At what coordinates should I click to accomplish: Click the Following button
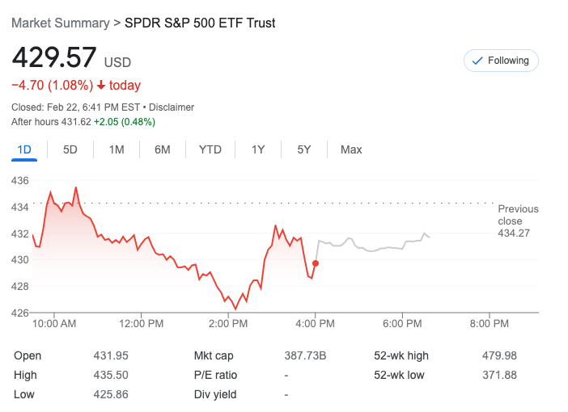coord(501,61)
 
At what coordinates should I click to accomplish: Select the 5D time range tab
coord(70,149)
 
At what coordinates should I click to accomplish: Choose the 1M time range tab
coord(117,149)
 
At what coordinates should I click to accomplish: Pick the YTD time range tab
coord(210,149)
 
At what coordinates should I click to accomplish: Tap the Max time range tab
coord(351,149)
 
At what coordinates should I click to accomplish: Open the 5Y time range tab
coord(304,149)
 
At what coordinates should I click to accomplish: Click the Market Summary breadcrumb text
coord(60,23)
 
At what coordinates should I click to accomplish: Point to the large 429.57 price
coord(54,59)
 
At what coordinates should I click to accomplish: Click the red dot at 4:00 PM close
coord(316,263)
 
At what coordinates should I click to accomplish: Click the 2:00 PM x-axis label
coord(228,324)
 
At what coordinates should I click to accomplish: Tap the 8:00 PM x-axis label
coord(489,324)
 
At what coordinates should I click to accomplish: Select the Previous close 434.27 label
coord(518,221)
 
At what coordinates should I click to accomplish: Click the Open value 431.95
coord(112,356)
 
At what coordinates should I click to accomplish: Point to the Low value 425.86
coord(112,395)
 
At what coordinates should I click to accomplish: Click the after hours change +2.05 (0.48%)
coord(125,122)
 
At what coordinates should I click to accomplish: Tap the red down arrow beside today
coord(101,86)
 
